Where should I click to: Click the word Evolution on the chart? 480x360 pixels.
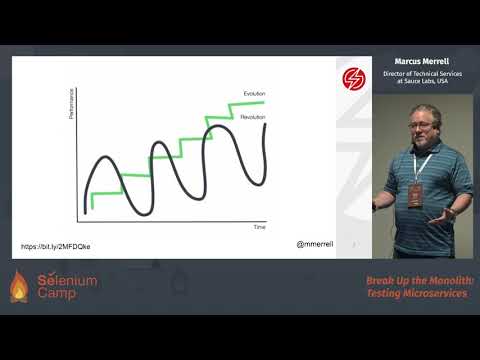pos(254,93)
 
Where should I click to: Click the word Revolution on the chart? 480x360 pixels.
pos(254,117)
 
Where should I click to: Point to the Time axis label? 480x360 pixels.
pos(259,227)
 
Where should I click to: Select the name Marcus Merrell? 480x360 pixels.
pos(422,61)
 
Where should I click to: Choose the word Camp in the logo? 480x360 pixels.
pos(59,295)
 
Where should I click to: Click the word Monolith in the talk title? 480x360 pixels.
pos(444,281)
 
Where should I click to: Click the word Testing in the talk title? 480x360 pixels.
pos(384,294)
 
